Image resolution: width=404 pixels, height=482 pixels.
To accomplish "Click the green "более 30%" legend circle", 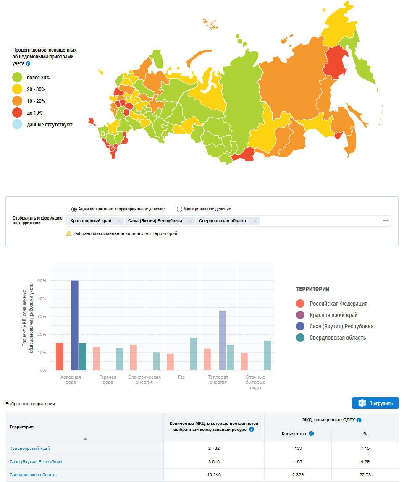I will click(x=17, y=78).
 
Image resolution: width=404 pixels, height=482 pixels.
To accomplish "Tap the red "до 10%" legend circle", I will click(x=17, y=113).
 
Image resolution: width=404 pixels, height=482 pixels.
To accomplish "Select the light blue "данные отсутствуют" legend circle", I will click(x=17, y=125).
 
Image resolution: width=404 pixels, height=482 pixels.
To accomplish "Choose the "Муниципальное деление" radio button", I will click(x=180, y=209).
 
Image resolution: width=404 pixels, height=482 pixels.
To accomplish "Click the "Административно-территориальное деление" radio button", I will click(x=74, y=209).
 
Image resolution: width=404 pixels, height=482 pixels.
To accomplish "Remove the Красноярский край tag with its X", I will click(x=119, y=221).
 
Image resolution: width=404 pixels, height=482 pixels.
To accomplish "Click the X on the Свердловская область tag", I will click(x=255, y=221).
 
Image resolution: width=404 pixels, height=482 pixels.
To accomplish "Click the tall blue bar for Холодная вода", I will click(x=75, y=325).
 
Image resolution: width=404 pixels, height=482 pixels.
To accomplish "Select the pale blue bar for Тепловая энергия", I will click(x=223, y=341).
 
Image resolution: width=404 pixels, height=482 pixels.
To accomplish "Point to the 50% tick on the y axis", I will click(x=42, y=280).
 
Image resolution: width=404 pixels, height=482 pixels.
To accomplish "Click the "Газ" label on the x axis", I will click(x=181, y=377).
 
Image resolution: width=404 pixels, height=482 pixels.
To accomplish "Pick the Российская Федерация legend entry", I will click(x=338, y=304).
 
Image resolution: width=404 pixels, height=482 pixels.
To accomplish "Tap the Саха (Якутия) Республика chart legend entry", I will click(x=341, y=326).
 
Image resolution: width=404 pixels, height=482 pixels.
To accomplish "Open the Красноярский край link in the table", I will click(x=30, y=448).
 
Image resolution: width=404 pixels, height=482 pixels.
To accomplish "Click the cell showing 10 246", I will click(x=214, y=475).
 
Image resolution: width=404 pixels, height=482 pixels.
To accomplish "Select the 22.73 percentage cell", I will click(x=365, y=475).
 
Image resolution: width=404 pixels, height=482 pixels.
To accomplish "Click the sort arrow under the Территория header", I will click(x=85, y=439).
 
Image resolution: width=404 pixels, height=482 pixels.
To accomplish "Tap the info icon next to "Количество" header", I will click(x=311, y=434).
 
